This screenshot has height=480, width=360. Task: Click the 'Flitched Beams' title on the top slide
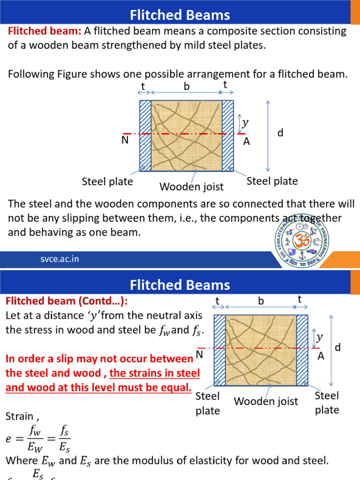pyautogui.click(x=180, y=15)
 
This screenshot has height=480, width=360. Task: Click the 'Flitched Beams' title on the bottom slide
pyautogui.click(x=180, y=285)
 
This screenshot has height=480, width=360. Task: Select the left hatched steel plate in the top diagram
pyautogui.click(x=145, y=136)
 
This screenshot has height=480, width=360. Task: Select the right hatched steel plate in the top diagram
pyautogui.click(x=228, y=136)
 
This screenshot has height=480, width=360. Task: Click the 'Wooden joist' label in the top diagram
pyautogui.click(x=192, y=187)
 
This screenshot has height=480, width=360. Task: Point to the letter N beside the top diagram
pyautogui.click(x=124, y=140)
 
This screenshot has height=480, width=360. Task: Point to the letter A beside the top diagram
pyautogui.click(x=247, y=141)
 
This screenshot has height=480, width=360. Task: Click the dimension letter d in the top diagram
pyautogui.click(x=280, y=134)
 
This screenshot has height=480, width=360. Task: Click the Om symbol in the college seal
pyautogui.click(x=301, y=240)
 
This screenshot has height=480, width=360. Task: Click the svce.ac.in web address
pyautogui.click(x=59, y=259)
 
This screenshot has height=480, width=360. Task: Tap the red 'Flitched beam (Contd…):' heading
pyautogui.click(x=66, y=300)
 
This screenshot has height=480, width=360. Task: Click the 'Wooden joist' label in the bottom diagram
pyautogui.click(x=266, y=401)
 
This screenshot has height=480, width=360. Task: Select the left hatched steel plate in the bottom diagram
pyautogui.click(x=219, y=350)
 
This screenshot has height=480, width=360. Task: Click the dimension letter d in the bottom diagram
pyautogui.click(x=337, y=348)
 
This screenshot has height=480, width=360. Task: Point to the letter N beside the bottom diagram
pyautogui.click(x=199, y=355)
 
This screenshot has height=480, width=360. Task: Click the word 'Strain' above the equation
pyautogui.click(x=19, y=416)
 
